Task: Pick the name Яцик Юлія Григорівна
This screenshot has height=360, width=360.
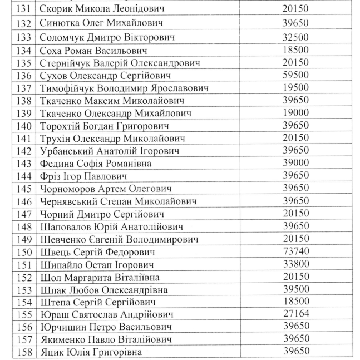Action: coord(91,352)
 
